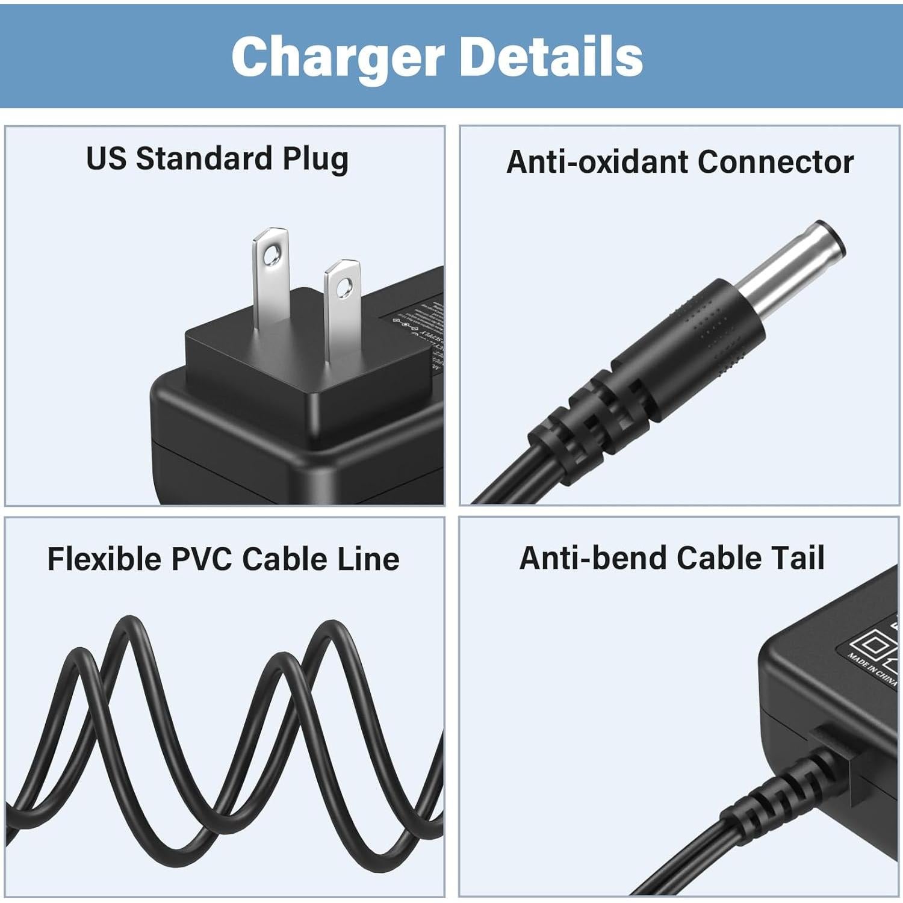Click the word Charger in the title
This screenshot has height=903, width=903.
[x=337, y=57]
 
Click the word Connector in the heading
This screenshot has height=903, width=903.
[x=775, y=162]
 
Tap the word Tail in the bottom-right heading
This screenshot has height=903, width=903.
[x=798, y=557]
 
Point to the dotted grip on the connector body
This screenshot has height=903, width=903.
[x=716, y=328]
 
